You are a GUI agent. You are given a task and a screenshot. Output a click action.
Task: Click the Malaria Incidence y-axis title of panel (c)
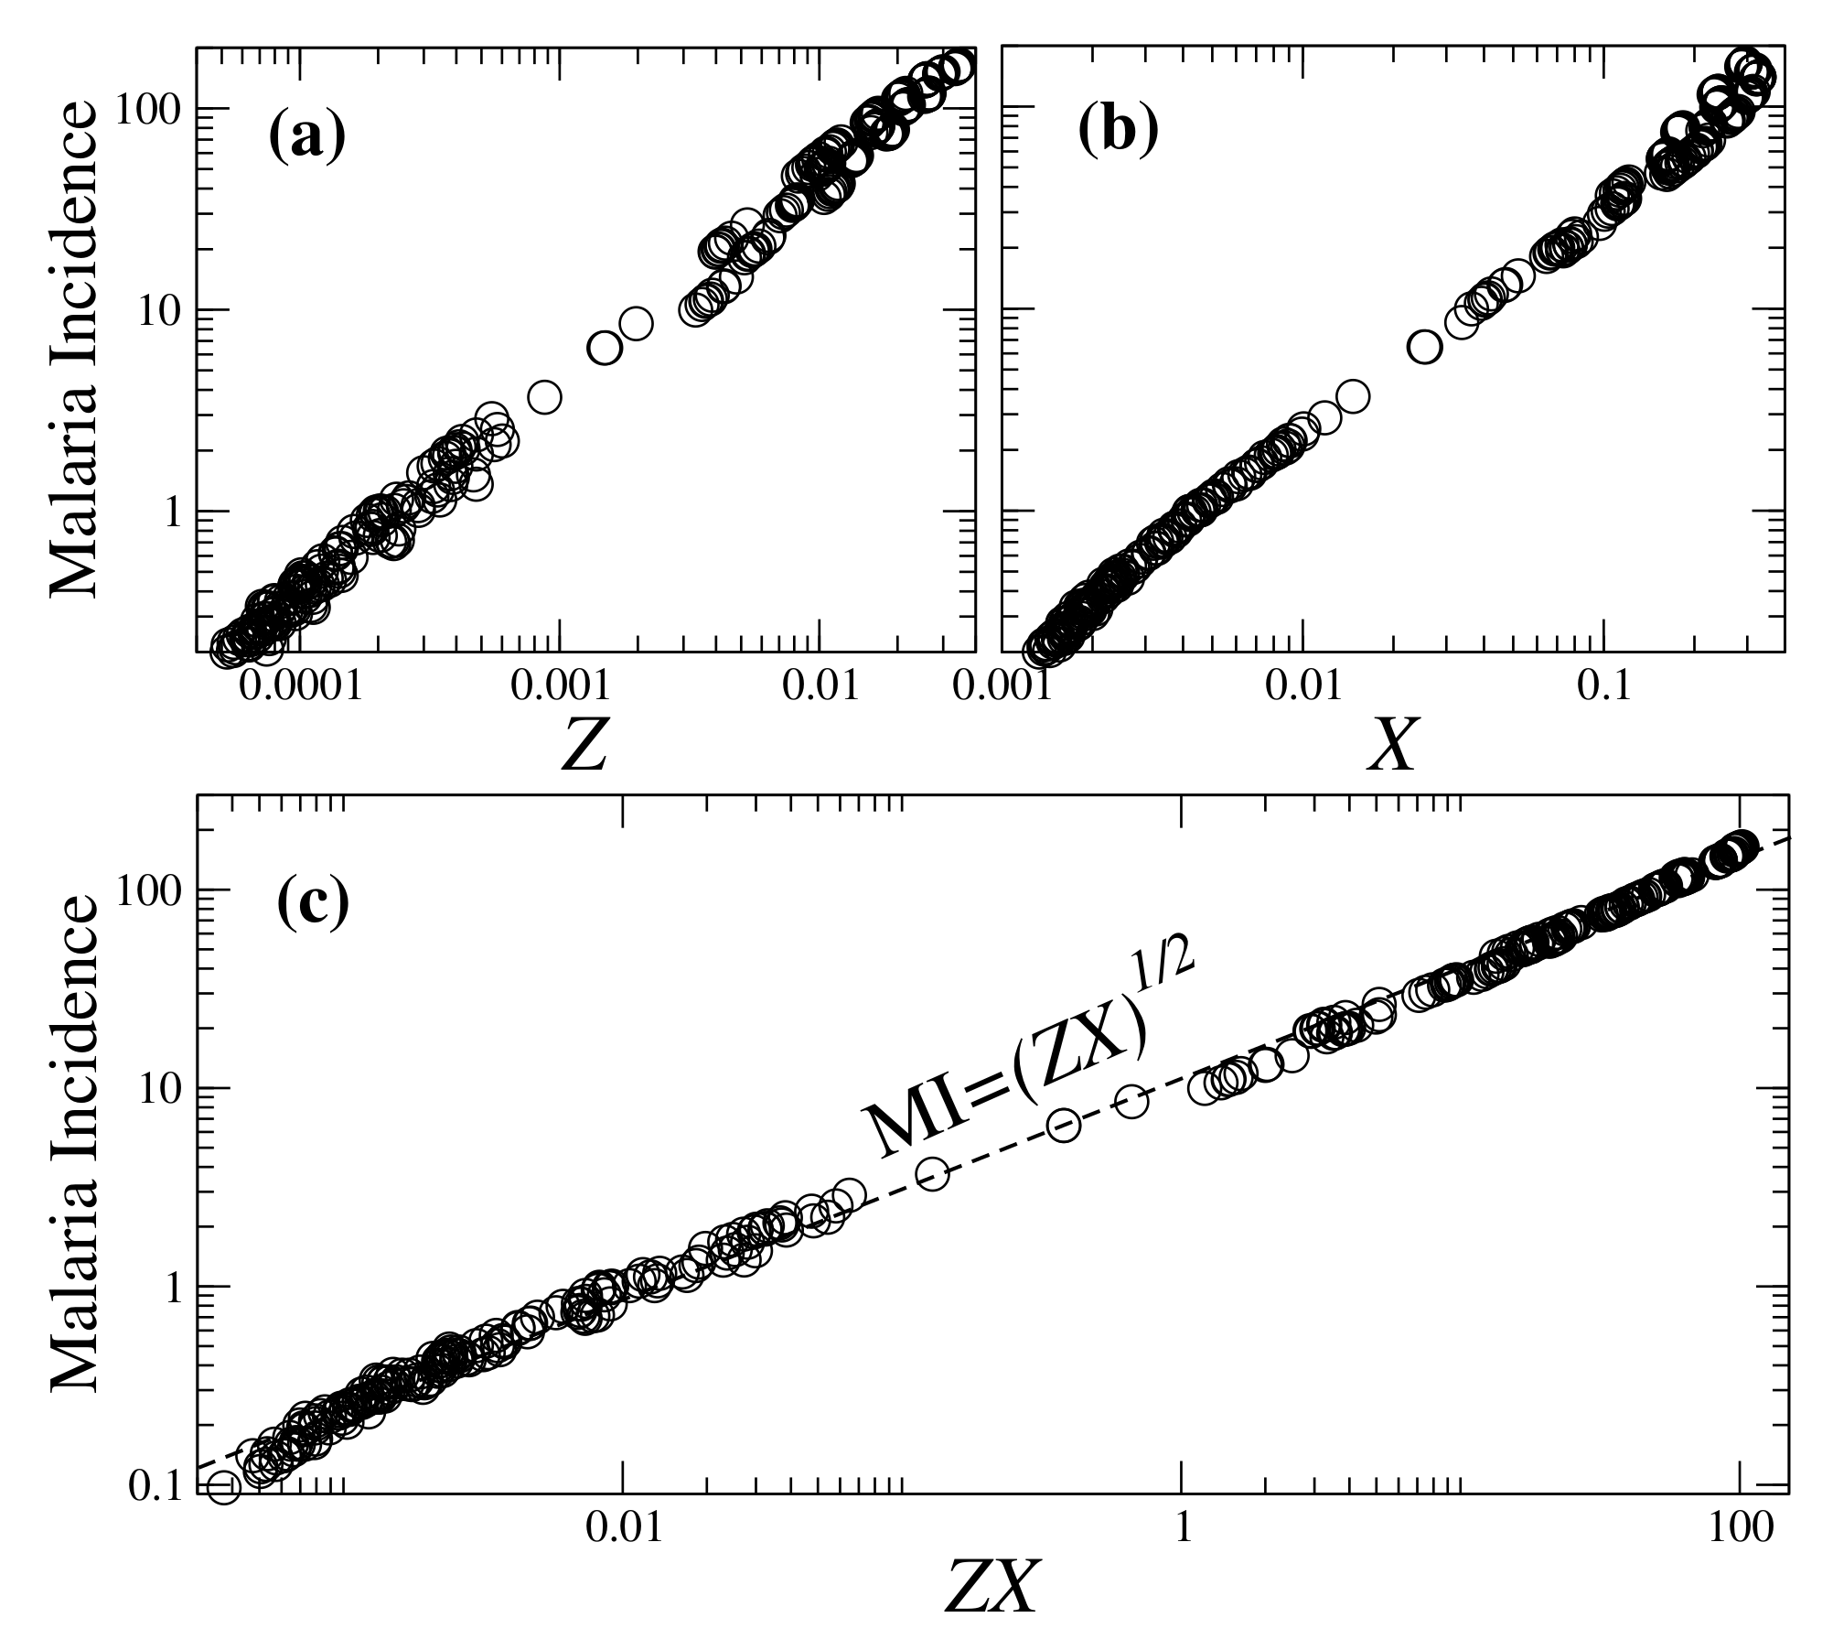73,1139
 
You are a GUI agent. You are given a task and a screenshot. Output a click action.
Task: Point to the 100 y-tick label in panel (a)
150,109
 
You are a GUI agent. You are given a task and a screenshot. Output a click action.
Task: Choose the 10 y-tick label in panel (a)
161,310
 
